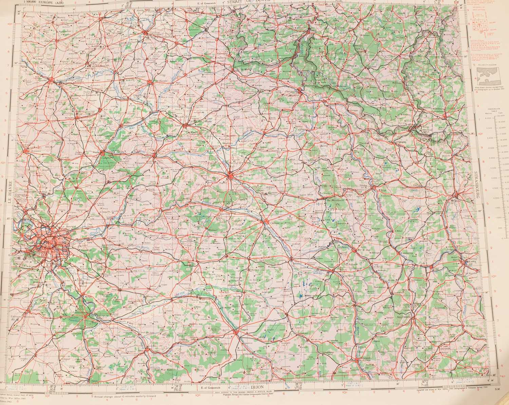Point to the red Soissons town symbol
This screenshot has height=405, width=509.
click(x=154, y=156)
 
